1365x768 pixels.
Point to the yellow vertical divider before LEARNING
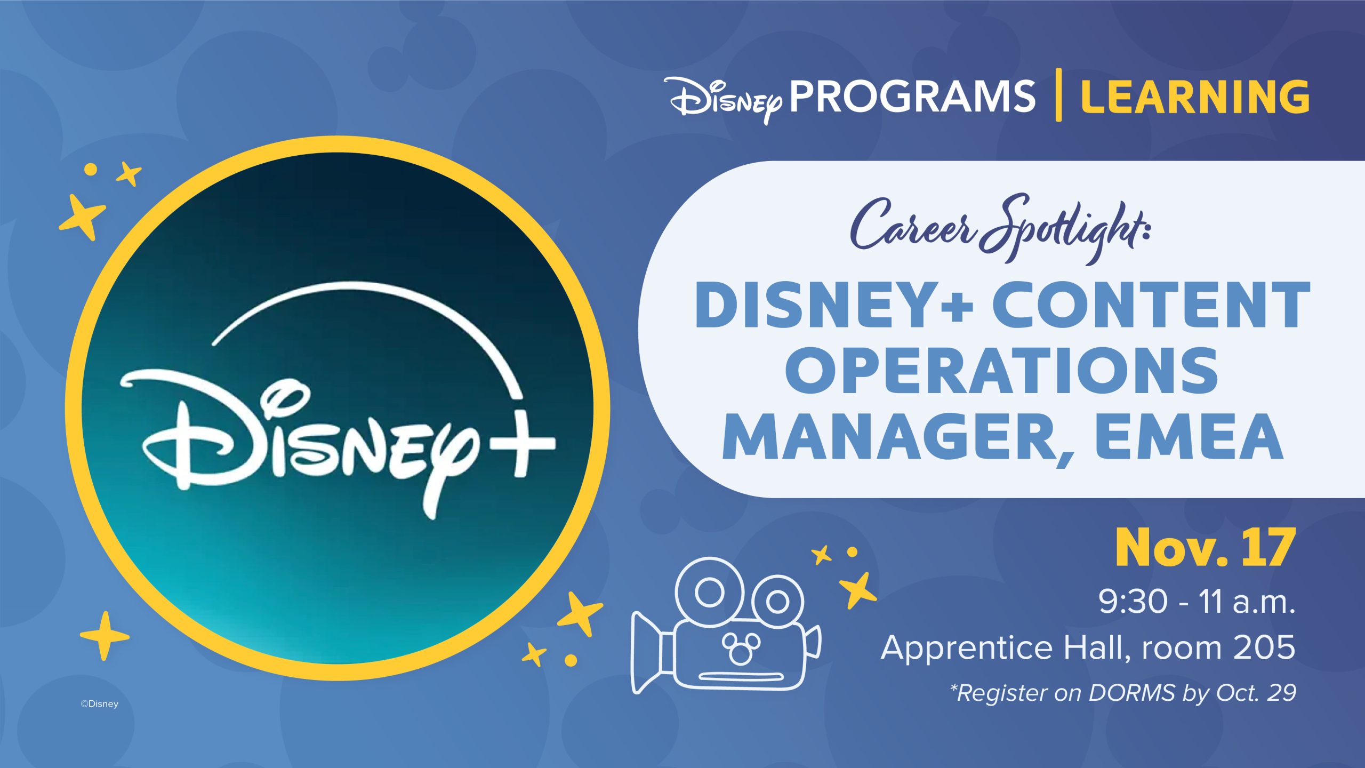[x=1058, y=95]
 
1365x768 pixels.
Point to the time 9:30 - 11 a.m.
[x=1197, y=602]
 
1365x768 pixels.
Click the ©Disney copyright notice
[x=99, y=704]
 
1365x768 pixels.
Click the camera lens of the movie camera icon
[x=646, y=652]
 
